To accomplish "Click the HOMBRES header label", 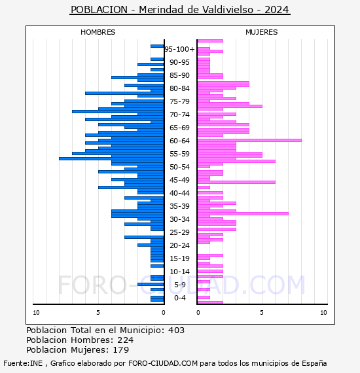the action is pos(98,32).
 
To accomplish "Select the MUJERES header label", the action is pos(262,32).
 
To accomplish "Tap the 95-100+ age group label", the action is pos(179,49).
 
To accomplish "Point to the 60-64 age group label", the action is pos(179,141).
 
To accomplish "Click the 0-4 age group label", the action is pos(180,298).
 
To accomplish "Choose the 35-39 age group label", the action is pos(179,206).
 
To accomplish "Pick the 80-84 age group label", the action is pos(179,88).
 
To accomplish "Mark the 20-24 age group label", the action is pos(179,245).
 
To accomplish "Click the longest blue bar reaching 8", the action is pos(111,158).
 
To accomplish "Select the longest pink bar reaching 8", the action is pos(249,140).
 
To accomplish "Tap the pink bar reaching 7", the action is pos(243,213).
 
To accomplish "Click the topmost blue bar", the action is pos(157,46).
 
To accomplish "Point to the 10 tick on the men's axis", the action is pos(36,313).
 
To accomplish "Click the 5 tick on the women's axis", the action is pos(262,313).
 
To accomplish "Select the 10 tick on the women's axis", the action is pos(323,313).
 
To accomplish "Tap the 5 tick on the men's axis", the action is pos(98,313).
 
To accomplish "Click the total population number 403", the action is pos(176,330).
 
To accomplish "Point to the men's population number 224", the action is pos(126,340).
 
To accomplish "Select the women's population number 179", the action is pos(120,350).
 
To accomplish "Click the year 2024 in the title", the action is pos(277,10).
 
